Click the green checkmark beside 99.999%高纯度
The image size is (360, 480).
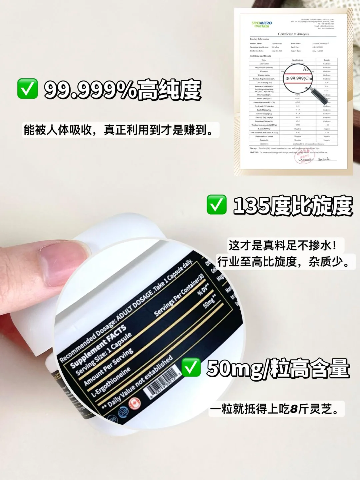tap(27, 89)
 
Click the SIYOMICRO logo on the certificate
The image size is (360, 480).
tap(262, 24)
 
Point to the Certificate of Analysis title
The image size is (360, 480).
tap(293, 34)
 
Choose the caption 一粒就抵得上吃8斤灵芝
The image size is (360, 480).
tap(276, 409)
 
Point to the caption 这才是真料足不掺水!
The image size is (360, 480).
tap(282, 246)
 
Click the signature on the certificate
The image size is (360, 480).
tap(324, 159)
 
